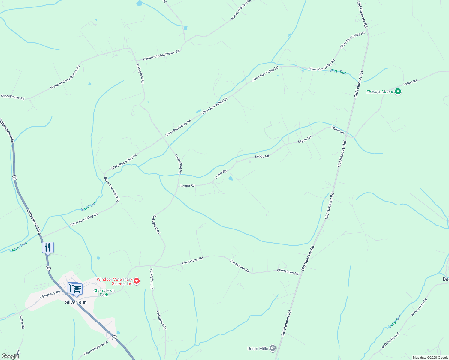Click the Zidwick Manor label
tap(380, 92)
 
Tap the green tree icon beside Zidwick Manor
tap(398, 91)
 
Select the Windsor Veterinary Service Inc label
tap(114, 281)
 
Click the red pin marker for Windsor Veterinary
tap(137, 281)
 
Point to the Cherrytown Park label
tap(104, 293)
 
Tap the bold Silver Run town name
tap(76, 302)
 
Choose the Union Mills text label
tap(258, 349)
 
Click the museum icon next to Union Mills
tap(273, 348)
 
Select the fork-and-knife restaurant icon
tap(48, 247)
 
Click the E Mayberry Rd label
tap(50, 295)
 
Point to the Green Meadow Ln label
tap(96, 349)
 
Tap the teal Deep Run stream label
tap(394, 322)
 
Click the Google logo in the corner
tap(10, 356)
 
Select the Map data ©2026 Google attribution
tap(430, 358)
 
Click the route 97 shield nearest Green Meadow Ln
tap(115, 338)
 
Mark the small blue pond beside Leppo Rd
tap(231, 179)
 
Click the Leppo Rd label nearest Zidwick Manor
tap(410, 82)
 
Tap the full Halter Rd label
tap(21, 322)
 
